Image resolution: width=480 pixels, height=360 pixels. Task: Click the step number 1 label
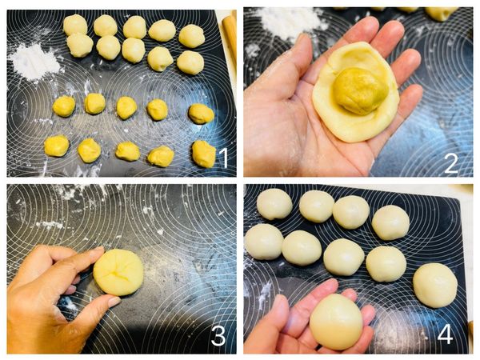click(224, 157)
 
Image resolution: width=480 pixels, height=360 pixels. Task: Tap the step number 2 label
click(450, 163)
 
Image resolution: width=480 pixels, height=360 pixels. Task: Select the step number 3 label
click(218, 335)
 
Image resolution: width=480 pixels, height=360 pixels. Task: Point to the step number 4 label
click(445, 334)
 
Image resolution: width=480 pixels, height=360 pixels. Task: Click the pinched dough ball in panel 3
click(118, 272)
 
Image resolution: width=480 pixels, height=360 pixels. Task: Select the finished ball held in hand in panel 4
click(336, 322)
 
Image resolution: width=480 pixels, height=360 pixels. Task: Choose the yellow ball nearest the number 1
click(204, 154)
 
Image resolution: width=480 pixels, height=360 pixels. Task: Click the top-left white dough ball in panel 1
click(75, 25)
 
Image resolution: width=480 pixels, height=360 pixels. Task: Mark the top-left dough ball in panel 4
click(274, 204)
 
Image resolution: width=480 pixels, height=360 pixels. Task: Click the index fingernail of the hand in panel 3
click(114, 302)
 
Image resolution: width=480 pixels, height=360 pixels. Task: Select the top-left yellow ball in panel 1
click(64, 106)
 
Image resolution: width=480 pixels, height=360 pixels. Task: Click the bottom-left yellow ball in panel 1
click(57, 146)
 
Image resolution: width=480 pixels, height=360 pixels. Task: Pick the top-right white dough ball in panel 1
click(192, 36)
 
